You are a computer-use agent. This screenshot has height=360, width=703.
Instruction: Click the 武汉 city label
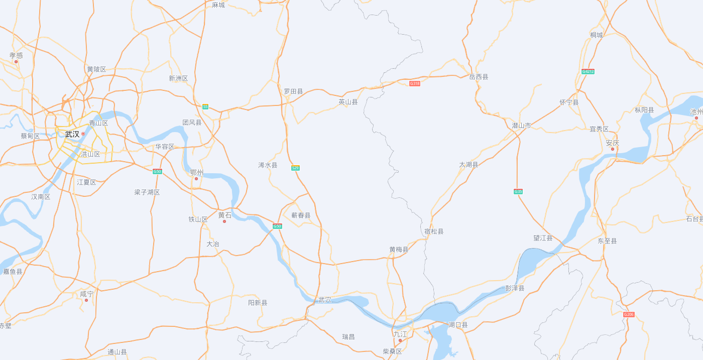pos(72,134)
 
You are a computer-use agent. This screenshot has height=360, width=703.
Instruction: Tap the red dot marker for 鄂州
pos(196,179)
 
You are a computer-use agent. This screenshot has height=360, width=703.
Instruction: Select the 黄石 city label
pos(225,215)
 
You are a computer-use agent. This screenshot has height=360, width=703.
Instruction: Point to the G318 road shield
pos(415,83)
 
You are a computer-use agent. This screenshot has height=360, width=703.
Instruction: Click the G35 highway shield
pos(518,191)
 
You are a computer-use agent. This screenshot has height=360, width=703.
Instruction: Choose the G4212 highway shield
pos(588,71)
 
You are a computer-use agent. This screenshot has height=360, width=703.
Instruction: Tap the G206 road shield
pos(629,314)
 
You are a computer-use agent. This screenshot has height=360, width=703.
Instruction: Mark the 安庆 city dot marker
pos(613,149)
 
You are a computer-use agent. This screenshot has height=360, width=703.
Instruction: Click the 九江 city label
pos(400,334)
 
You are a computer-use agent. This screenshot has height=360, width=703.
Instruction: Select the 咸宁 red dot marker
pos(86,300)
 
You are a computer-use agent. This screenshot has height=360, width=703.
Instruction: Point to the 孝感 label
pos(16,55)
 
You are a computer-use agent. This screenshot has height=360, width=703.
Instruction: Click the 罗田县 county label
pos(293,91)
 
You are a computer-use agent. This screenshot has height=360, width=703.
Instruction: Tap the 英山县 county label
pos(348,102)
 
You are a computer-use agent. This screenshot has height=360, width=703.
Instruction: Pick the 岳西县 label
pos(479,77)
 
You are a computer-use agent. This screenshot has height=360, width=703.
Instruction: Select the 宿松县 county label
pos(434,231)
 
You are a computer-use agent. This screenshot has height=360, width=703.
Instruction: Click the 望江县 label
pos(543,238)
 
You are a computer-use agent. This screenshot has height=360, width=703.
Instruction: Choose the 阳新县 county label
pos(258,303)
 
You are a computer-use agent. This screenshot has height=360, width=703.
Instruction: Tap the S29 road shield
pos(295,168)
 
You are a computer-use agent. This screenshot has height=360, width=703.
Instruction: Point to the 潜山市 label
pos(521,126)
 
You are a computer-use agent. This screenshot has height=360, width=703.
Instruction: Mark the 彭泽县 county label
pos(515,288)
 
